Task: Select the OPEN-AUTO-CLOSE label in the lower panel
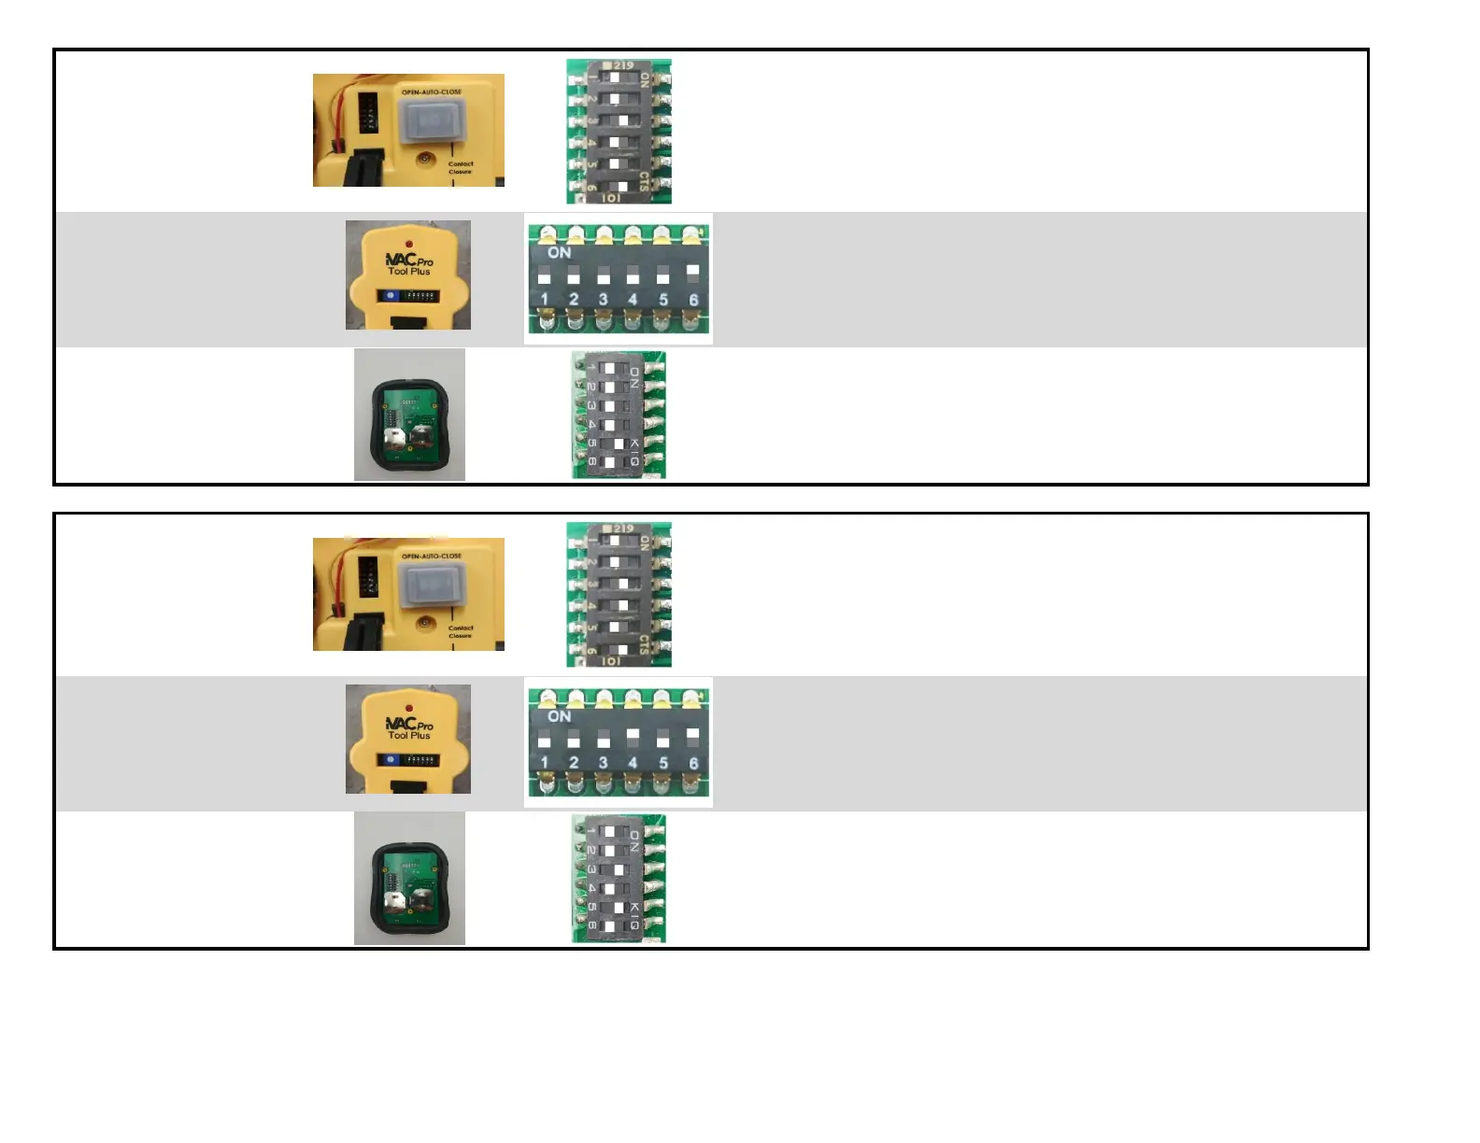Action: click(x=431, y=556)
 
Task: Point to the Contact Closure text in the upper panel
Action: click(x=460, y=167)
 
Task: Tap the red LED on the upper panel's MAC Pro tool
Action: click(x=409, y=245)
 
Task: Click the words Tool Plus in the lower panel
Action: click(x=409, y=736)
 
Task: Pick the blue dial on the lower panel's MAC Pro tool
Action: click(x=391, y=759)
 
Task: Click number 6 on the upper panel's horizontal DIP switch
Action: click(x=693, y=300)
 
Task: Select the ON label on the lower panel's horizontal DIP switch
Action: click(x=559, y=716)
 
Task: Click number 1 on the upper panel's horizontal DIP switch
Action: click(x=544, y=300)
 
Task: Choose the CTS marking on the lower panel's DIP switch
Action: click(x=645, y=643)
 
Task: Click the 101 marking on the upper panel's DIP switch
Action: click(x=610, y=198)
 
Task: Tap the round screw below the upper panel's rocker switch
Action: click(x=425, y=159)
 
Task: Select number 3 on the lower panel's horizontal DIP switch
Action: click(x=604, y=763)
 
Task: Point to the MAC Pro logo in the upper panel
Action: click(x=409, y=261)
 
